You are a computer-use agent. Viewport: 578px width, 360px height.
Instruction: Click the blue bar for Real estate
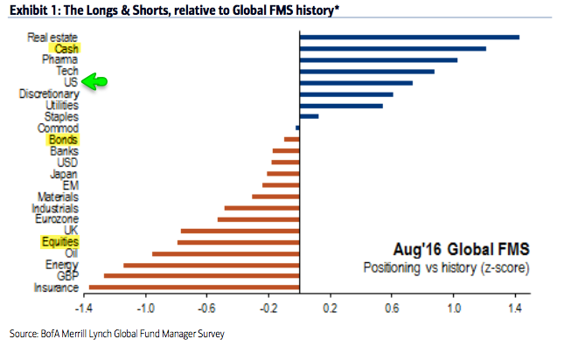(409, 37)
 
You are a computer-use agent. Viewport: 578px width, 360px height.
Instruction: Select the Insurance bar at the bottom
(194, 287)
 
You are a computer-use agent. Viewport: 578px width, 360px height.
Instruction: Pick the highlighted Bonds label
(63, 139)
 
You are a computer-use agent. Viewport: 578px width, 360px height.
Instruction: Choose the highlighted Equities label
(59, 241)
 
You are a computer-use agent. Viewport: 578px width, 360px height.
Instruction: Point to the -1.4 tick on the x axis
(84, 308)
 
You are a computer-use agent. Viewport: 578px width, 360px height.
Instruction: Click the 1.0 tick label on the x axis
(453, 308)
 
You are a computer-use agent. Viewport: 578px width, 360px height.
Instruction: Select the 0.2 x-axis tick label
(331, 308)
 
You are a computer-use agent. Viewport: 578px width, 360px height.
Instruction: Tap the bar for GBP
(201, 275)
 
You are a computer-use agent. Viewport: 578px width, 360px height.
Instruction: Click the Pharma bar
(379, 59)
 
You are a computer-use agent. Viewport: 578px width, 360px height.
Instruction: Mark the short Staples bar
(309, 116)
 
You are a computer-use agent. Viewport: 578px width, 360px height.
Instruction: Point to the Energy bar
(212, 264)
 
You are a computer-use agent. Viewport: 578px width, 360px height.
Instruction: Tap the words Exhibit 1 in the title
(35, 10)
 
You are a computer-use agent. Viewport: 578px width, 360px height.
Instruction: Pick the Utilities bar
(341, 105)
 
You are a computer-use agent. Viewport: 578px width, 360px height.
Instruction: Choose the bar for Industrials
(261, 207)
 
